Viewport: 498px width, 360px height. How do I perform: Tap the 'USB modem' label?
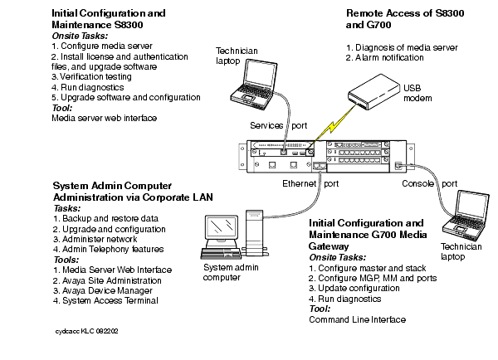tap(417, 92)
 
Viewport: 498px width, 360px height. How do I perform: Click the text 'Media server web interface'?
tap(104, 118)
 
